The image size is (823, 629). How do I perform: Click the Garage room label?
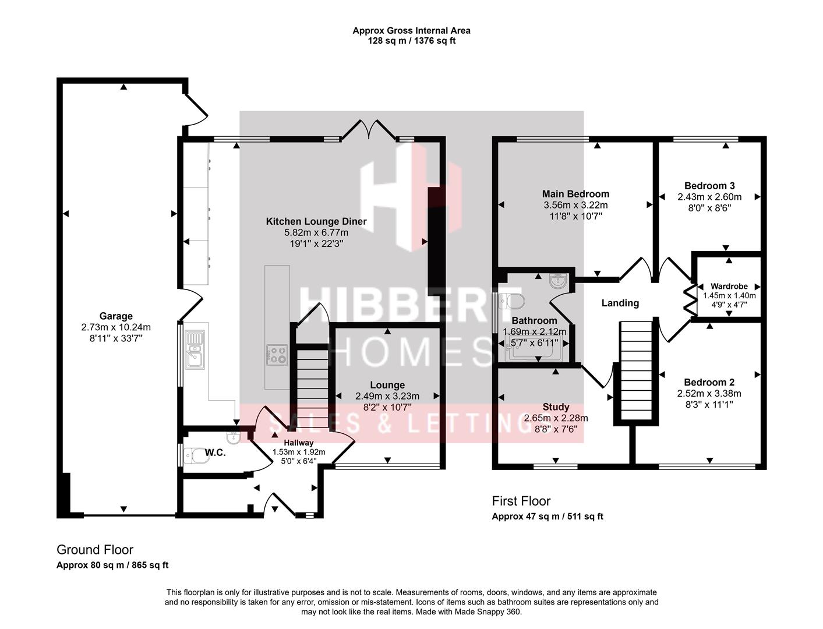pos(115,316)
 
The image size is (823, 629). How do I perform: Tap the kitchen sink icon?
pos(195,349)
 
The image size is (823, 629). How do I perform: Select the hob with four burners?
pos(277,355)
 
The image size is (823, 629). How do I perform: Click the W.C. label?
pos(215,453)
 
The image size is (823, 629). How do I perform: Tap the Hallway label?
pos(299,443)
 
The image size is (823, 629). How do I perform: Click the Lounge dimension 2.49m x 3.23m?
pos(387,396)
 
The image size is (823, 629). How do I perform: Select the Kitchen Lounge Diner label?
pos(316,221)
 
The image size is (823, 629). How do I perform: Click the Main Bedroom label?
pos(575,194)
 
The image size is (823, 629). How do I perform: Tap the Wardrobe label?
pos(729,287)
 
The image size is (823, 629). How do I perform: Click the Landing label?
pos(620,303)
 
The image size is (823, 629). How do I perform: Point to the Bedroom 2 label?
pos(709,383)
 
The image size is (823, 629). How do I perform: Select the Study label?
pos(556,407)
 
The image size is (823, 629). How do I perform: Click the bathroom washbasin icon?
pos(558,281)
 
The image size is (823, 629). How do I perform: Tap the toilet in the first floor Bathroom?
pos(513,301)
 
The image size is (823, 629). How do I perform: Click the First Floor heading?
pos(521,501)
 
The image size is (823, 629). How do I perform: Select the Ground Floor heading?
pos(95,550)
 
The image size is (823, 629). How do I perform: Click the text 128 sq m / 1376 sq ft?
pos(411,41)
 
